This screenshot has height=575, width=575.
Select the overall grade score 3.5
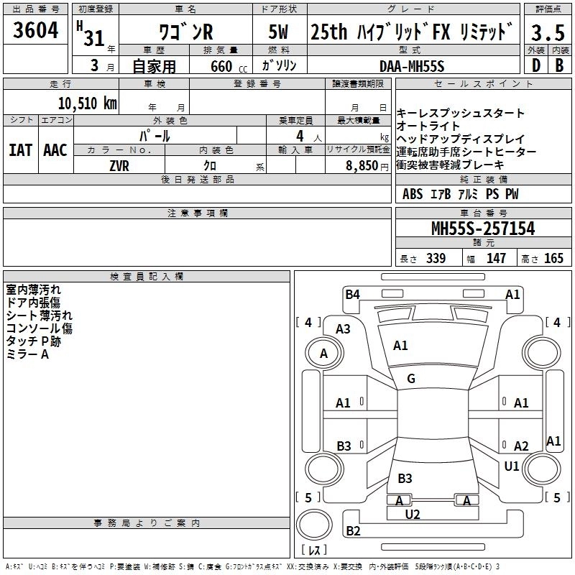pos(546,32)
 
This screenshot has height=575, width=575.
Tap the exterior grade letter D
pos(535,65)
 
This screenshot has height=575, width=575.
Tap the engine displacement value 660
pos(221,66)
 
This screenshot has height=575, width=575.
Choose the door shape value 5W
pos(279,32)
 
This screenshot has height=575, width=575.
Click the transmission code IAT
pos(20,149)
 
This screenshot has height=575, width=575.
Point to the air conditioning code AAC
pos(55,149)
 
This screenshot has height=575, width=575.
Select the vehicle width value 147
pos(496,258)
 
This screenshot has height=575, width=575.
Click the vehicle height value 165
pos(553,258)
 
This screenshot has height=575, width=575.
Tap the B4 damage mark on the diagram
pos(352,293)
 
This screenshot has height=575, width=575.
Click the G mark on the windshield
pos(411,379)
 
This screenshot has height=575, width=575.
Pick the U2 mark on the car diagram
pos(412,514)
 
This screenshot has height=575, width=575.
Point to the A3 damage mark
pos(343,328)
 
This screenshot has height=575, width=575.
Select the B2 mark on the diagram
pos(353,531)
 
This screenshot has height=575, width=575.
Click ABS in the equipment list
pos(413,194)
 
